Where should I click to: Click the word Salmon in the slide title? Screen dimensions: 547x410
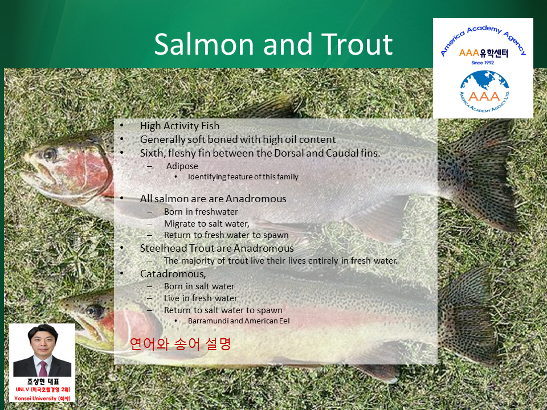[x=204, y=44]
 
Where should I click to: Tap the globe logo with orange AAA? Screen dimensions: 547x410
[x=484, y=91]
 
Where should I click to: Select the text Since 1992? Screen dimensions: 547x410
[x=483, y=63]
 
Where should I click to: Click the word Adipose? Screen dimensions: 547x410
[x=182, y=166]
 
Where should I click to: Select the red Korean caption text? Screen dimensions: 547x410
[x=180, y=344]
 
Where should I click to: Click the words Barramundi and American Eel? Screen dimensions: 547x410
[x=239, y=321]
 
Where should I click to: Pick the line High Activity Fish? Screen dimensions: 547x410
[x=179, y=125]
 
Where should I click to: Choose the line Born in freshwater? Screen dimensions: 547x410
[x=201, y=212]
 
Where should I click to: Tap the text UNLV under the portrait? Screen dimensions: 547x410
[x=22, y=389]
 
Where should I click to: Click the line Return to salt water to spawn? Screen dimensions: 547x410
[x=223, y=310]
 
